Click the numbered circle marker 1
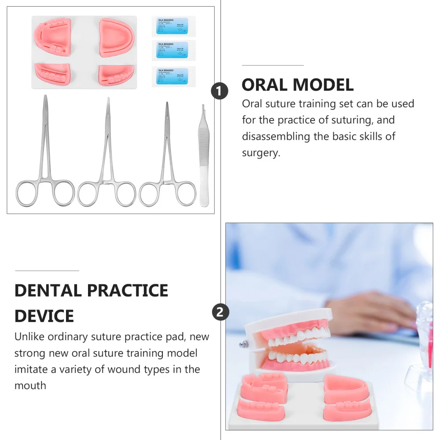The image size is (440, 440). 220,92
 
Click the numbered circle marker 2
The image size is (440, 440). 220,313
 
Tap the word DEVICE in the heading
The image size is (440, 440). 44,316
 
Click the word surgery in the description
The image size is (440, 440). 260,153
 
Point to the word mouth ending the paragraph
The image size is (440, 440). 30,386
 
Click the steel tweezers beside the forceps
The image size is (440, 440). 203,158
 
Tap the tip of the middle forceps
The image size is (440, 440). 108,101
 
